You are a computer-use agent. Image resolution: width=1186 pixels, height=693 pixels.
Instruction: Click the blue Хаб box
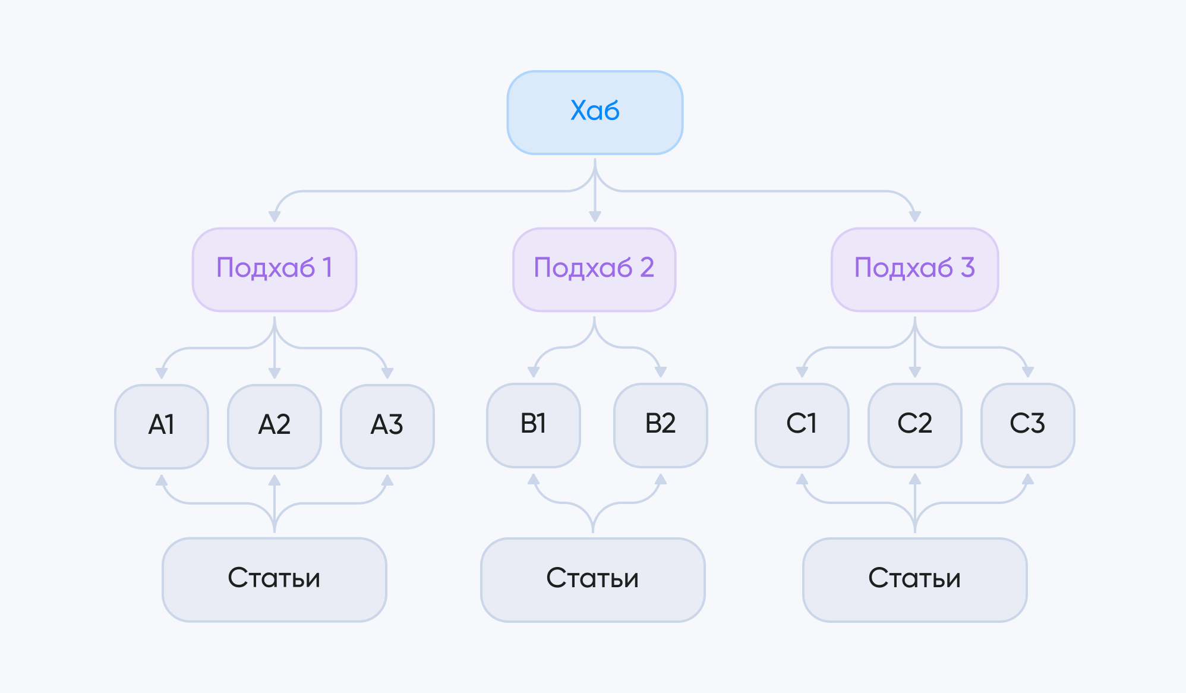click(595, 112)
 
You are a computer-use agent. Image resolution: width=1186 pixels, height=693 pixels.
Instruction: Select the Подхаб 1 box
click(275, 269)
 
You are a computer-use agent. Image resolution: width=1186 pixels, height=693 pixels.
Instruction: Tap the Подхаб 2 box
click(594, 269)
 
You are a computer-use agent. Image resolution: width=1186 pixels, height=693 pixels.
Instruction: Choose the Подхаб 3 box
click(914, 269)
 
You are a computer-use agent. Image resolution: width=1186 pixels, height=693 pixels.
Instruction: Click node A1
click(162, 426)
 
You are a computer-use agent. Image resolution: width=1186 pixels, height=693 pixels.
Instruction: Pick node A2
click(275, 426)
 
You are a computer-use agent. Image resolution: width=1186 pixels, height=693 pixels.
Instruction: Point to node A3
click(387, 426)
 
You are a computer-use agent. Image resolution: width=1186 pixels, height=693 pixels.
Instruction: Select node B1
click(534, 425)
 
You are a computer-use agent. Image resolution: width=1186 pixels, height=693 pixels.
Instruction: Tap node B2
click(661, 425)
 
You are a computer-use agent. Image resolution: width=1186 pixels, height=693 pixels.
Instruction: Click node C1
click(802, 425)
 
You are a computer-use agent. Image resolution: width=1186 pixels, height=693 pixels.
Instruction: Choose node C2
click(915, 425)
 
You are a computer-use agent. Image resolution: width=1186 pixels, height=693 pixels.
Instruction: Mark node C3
click(1028, 425)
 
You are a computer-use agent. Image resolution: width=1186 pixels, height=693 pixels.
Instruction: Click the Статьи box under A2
click(275, 579)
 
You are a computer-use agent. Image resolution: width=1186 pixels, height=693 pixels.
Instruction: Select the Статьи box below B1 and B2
click(593, 579)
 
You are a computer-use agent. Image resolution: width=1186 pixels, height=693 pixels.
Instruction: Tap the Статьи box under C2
click(915, 579)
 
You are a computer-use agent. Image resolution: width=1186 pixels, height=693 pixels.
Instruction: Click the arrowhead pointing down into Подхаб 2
click(595, 216)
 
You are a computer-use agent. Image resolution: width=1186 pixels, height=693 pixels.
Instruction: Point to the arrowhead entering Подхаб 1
click(275, 216)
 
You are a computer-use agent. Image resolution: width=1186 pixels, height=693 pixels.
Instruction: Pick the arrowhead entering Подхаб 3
click(915, 216)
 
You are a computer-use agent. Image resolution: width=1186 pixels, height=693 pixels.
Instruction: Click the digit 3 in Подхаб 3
click(968, 267)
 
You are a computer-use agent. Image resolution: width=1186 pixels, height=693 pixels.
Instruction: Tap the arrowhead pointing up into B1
click(534, 479)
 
